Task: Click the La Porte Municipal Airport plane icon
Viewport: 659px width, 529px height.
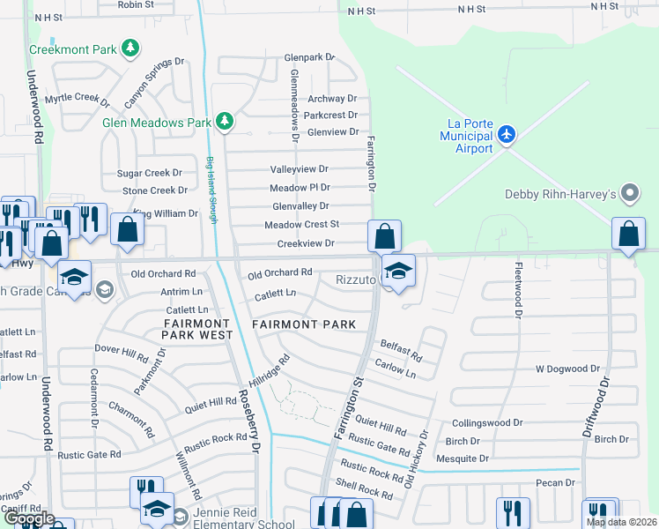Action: [x=506, y=135]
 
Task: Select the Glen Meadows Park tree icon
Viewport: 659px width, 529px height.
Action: [x=224, y=121]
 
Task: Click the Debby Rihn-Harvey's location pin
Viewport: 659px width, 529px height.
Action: [x=629, y=192]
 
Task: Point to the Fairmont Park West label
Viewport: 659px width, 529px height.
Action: [x=198, y=330]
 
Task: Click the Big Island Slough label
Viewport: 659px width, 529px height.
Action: [x=211, y=190]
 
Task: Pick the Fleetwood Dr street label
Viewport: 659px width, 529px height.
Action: [x=519, y=289]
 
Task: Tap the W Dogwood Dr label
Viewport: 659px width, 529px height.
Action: [x=567, y=369]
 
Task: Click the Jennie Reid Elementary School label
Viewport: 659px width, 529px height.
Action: [x=233, y=518]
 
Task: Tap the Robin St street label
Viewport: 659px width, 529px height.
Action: [x=135, y=4]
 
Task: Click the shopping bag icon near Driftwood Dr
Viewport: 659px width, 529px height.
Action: [x=628, y=235]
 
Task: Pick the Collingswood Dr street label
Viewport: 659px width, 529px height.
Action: [x=487, y=423]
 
